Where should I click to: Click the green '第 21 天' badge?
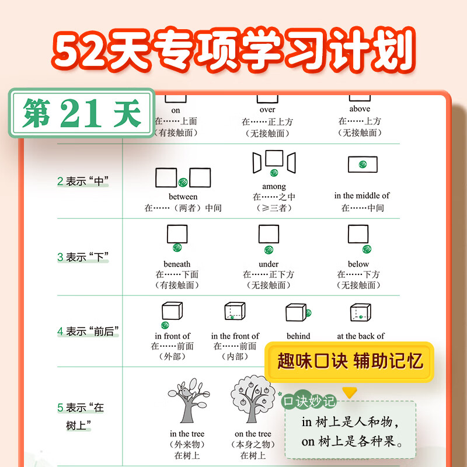82,113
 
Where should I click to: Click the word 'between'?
183,197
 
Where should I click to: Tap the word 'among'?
274,186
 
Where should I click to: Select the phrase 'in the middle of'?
362,196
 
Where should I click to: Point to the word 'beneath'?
177,264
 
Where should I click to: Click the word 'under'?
269,264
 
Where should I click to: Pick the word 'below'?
358,264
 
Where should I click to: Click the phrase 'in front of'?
172,336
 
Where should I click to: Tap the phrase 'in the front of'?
235,336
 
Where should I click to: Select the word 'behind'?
298,336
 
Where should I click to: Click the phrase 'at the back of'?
361,336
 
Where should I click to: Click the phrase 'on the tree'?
253,434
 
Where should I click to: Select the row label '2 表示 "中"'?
83,182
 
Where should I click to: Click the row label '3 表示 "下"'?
83,257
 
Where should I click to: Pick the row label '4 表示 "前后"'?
88,332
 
